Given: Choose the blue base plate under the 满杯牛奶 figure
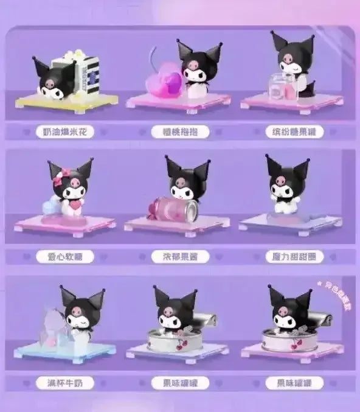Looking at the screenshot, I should (67, 351).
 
